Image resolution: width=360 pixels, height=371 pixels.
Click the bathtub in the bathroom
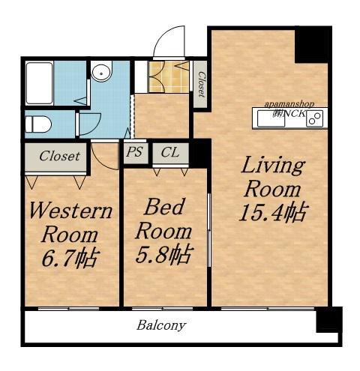pos(39,83)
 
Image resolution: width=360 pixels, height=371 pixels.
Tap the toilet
pos(38,124)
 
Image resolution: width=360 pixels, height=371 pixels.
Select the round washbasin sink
pos(101,73)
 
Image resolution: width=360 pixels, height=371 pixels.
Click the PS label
pos(134,152)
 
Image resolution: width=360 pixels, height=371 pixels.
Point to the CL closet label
pos(170,152)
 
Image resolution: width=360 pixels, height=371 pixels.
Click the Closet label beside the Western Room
pos(59,156)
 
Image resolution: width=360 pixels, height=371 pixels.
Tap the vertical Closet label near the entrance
pos(201,85)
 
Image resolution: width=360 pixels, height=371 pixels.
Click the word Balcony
pos(161,325)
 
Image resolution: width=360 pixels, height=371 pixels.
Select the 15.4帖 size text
pos(273,213)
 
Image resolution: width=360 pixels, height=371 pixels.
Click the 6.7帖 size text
pos(70,257)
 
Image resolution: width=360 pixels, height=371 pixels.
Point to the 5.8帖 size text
pos(164,254)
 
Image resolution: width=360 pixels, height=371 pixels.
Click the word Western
pos(70,211)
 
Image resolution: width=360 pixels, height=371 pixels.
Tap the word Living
pos(273,166)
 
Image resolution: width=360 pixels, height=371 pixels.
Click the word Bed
pos(164,206)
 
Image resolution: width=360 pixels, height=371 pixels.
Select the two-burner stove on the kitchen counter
pos(315,118)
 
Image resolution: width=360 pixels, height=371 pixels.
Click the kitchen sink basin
pos(271,118)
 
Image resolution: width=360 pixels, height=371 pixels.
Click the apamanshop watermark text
pos(289,104)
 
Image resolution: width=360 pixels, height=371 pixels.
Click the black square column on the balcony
pos(329,320)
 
